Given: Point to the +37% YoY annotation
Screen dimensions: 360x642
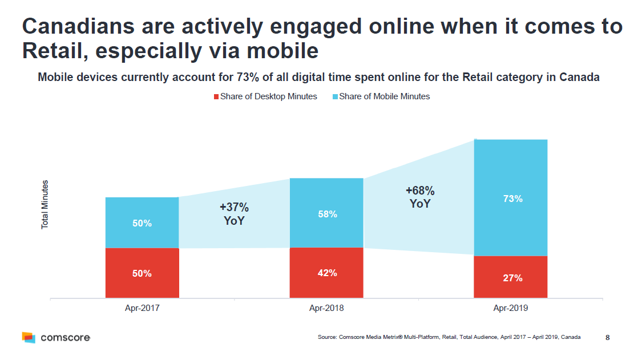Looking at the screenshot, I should click(x=234, y=214).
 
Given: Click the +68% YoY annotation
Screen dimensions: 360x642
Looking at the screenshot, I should click(x=420, y=197).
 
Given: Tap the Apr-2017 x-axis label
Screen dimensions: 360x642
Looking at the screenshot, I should click(x=142, y=309).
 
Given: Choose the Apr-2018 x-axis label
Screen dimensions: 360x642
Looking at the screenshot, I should click(x=326, y=309).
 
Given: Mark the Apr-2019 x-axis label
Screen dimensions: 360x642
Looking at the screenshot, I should click(x=510, y=309).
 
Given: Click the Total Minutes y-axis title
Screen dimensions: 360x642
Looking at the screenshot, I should click(x=45, y=205).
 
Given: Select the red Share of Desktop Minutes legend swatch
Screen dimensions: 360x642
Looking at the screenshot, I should click(x=216, y=97).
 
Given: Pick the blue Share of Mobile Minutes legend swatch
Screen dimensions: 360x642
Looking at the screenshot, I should click(x=335, y=97).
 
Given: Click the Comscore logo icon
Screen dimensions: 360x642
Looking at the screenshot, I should click(x=29, y=337).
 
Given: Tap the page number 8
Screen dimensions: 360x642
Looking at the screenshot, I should click(x=607, y=337).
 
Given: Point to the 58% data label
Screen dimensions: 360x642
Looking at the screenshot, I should click(x=327, y=214).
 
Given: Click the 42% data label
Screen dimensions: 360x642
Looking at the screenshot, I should click(x=327, y=273).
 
